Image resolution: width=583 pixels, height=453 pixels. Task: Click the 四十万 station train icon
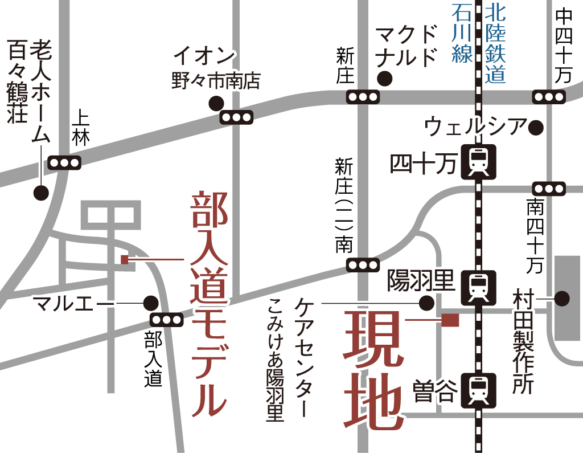point(478,162)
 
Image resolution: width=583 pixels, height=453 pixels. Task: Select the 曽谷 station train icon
point(478,389)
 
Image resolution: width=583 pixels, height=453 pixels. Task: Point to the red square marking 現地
point(450,320)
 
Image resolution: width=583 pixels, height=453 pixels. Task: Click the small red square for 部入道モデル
point(125,260)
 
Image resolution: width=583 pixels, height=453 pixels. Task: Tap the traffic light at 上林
point(64,162)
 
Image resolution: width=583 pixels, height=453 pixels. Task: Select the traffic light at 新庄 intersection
point(363,97)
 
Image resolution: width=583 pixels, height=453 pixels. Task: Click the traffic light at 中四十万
point(549,97)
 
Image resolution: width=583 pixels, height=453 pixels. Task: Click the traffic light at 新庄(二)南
point(363,265)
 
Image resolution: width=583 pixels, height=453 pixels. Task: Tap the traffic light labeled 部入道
point(166,320)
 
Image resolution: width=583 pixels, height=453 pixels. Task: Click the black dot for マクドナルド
point(385,77)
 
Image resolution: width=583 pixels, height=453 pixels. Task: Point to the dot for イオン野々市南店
point(216,103)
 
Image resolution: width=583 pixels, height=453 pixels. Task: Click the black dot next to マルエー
point(150,302)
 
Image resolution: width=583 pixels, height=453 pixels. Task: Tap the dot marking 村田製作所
point(562,298)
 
